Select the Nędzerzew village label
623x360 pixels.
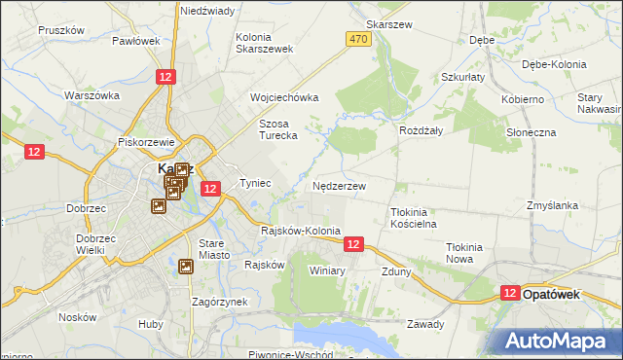click(339, 185)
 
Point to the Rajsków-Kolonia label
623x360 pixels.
click(301, 231)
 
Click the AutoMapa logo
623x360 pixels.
click(559, 340)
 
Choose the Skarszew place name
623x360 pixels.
click(385, 23)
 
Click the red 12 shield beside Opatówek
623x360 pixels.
click(509, 292)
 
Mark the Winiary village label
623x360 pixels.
click(327, 270)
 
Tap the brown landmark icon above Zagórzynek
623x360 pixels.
click(187, 266)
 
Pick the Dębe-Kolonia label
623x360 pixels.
click(555, 64)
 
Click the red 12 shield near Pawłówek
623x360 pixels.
click(166, 77)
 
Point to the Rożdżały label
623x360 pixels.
click(421, 129)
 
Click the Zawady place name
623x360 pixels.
click(425, 324)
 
